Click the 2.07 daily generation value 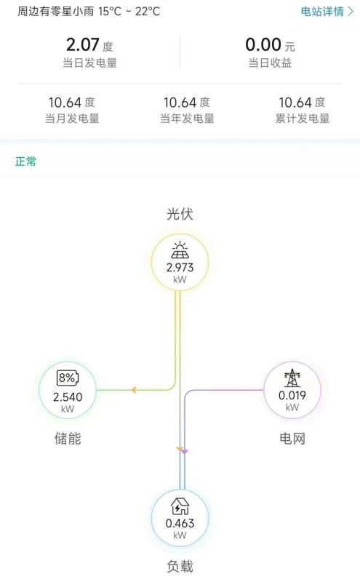point(83,45)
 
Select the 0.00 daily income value point(263,45)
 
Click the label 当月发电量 point(73,119)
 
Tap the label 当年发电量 point(187,119)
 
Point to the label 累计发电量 point(303,119)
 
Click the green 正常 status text point(25,162)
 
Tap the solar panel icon point(180,250)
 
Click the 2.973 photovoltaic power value point(180,267)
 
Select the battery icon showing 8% point(68,378)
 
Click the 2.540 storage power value point(68,396)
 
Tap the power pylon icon point(292,378)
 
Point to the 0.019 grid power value point(292,395)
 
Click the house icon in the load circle point(180,506)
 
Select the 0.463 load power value point(180,523)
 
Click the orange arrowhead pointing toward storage point(133,390)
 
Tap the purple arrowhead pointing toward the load point(185,451)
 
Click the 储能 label point(68,439)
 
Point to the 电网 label point(292,439)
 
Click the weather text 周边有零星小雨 point(56,11)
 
